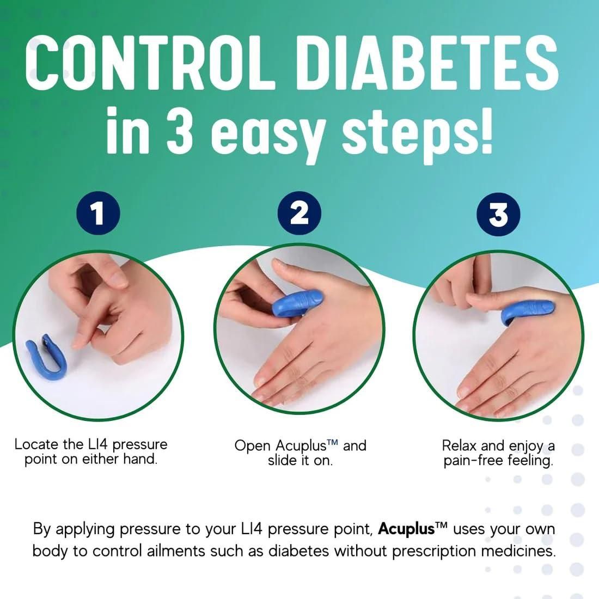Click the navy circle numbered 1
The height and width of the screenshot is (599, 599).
(x=98, y=213)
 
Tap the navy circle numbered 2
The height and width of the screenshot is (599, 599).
(x=299, y=213)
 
